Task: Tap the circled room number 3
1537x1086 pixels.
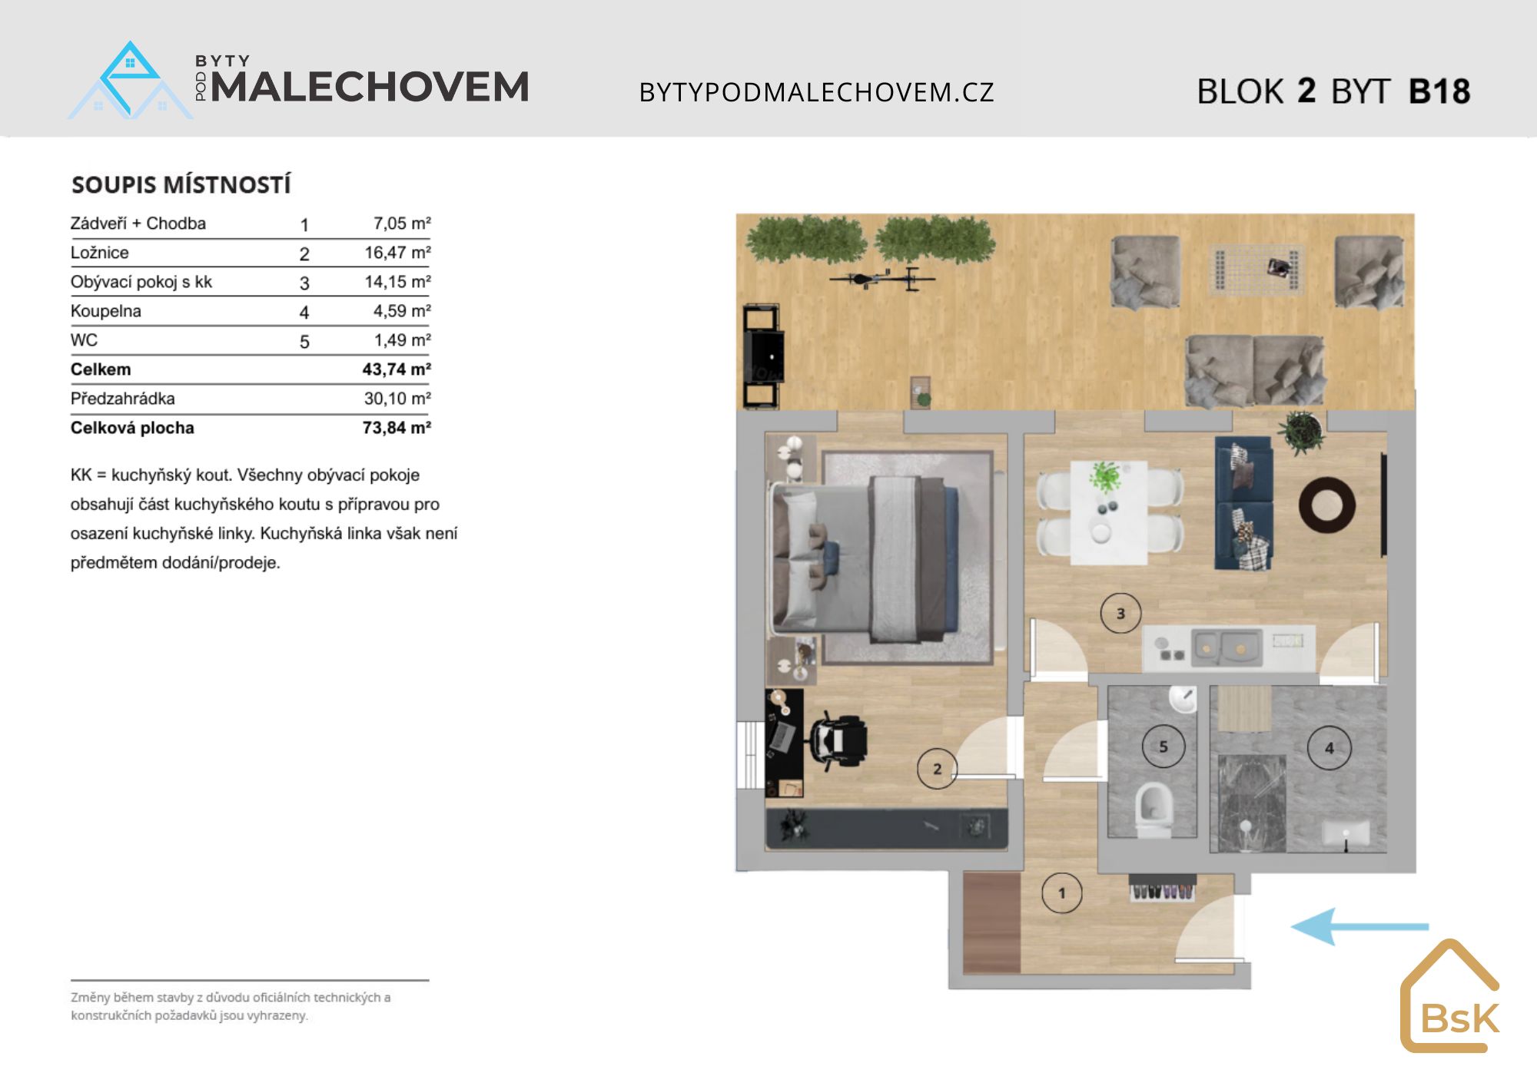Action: point(1120,614)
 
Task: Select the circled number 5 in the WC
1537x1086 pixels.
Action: point(1164,747)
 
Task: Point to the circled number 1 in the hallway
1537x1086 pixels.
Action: point(1062,893)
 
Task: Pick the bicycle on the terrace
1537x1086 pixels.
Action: point(882,279)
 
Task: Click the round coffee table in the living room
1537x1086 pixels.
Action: point(1327,505)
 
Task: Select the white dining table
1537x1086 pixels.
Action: point(1109,512)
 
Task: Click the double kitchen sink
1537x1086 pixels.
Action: point(1227,647)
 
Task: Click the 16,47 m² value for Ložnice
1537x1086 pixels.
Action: point(397,253)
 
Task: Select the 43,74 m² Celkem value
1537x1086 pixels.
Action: point(397,369)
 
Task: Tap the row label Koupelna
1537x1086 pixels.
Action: point(106,311)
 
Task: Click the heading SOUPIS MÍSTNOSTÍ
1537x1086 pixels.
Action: point(181,185)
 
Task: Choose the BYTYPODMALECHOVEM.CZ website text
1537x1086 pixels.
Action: point(817,92)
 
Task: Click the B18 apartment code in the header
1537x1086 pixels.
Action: point(1439,91)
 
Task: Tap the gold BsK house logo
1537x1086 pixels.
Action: point(1450,996)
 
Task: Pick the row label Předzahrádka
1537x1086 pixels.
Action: point(123,399)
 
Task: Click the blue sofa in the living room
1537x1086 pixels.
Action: point(1243,503)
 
